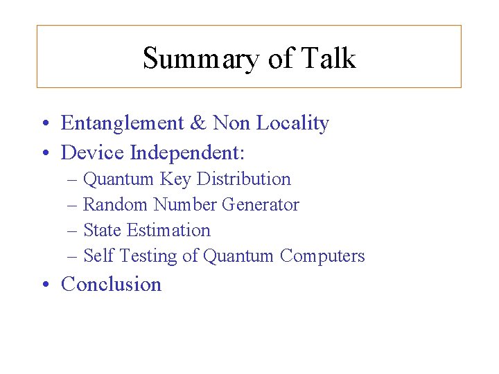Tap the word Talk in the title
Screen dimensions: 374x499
pos(329,58)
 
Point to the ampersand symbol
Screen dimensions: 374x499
pos(199,123)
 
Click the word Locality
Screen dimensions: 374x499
pos(292,123)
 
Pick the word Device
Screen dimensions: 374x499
pos(93,151)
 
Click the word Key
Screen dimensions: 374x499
pos(176,179)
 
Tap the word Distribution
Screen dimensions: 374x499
pos(244,179)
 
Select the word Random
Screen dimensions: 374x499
pos(116,204)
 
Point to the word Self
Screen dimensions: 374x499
pos(98,256)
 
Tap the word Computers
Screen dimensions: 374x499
pos(322,256)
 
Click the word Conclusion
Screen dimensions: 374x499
pos(111,284)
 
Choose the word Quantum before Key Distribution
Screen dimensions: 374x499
pos(118,179)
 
